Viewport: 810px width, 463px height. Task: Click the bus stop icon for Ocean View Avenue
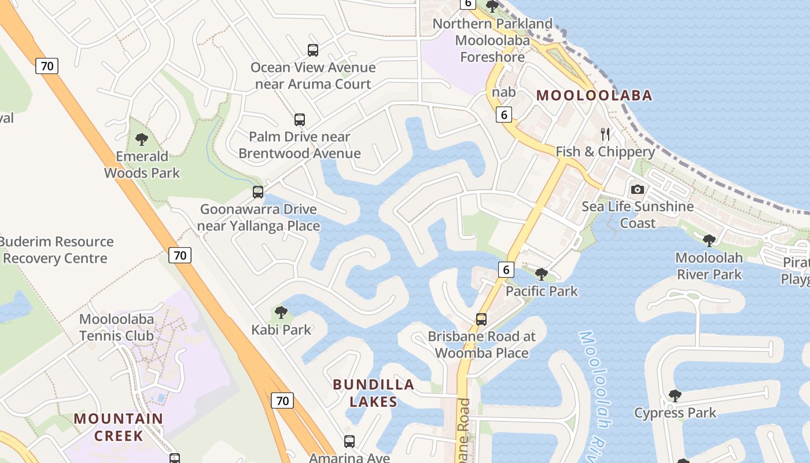click(313, 50)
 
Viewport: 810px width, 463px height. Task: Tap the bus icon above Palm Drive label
click(300, 120)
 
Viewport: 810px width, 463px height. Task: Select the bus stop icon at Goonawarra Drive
click(258, 192)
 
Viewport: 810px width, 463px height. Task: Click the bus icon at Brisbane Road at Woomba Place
click(481, 319)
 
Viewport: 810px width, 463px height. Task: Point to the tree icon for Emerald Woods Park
click(141, 139)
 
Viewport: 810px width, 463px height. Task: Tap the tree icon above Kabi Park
click(281, 313)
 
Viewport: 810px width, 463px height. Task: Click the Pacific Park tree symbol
click(542, 274)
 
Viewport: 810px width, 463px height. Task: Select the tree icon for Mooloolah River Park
click(709, 241)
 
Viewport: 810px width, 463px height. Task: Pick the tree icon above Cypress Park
click(675, 396)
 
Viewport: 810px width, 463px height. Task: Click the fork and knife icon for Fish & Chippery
click(605, 135)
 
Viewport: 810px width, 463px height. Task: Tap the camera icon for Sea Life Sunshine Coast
click(638, 190)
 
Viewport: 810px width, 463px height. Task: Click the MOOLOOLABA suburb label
click(594, 95)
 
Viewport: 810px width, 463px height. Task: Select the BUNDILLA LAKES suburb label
click(374, 393)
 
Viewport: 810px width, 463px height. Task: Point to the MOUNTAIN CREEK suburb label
click(119, 427)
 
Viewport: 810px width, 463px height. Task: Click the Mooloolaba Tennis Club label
click(117, 328)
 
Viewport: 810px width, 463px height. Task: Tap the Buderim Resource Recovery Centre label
click(57, 250)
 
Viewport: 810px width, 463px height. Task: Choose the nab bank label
click(503, 92)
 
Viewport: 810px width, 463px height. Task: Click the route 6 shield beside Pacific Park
click(506, 269)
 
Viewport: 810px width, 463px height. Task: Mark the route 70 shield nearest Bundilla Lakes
click(282, 400)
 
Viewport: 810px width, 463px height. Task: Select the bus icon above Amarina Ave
click(349, 442)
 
